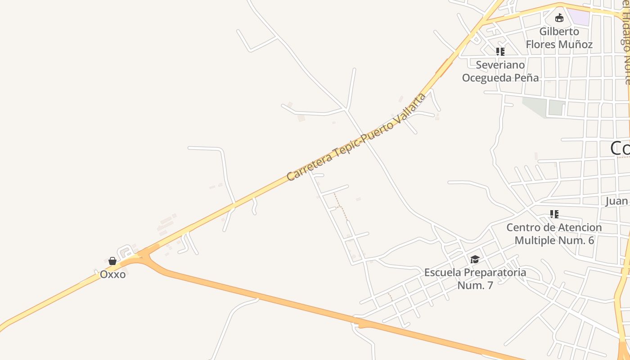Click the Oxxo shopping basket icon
coord(112,261)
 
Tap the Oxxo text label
coord(112,274)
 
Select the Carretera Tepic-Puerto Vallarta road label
coord(355,137)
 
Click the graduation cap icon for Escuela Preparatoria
coord(475,259)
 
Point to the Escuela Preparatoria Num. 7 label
coord(475,279)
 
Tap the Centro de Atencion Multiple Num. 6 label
coord(554,234)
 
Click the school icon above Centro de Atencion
coord(554,214)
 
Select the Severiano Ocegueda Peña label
coord(500,71)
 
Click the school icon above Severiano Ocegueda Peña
coord(500,52)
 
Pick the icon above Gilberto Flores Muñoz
coord(559,18)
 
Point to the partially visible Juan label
coord(616,201)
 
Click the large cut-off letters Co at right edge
coord(620,148)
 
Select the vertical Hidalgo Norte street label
coord(626,45)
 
